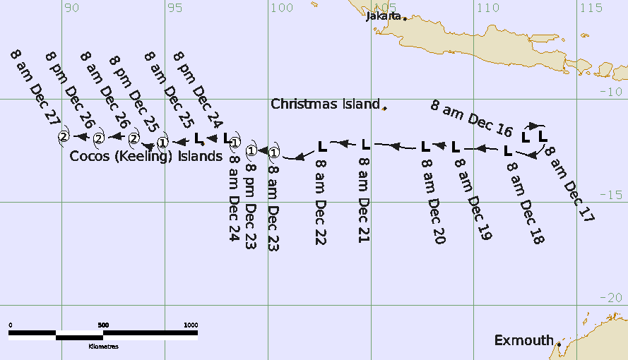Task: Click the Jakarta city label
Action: pos(384,16)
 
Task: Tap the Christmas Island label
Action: pos(326,104)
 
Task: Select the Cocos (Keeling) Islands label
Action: pos(146,156)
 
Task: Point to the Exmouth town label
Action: pos(523,341)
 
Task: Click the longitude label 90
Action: pos(71,8)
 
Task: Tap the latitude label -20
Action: pos(612,298)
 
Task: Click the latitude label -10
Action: pos(612,92)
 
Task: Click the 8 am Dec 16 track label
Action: pos(471,118)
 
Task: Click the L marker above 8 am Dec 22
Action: pos(321,147)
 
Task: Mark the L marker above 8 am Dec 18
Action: pos(508,150)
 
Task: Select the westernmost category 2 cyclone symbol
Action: pos(64,136)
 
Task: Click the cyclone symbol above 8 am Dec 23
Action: pos(274,152)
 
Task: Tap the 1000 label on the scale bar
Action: pos(191,325)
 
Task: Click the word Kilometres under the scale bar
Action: pos(103,347)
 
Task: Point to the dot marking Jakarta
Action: pos(405,18)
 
